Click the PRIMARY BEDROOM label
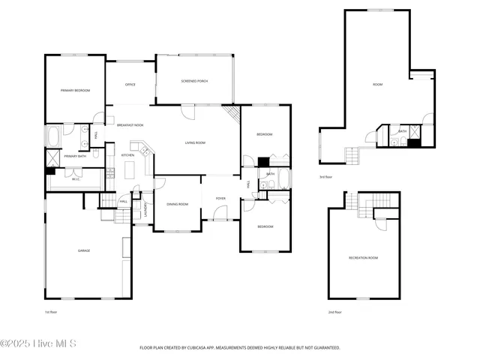pos(75,90)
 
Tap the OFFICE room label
pos(130,85)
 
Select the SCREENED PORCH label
pos(194,80)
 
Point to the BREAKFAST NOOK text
pos(130,125)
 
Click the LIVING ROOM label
pos(195,142)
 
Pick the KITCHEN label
pos(127,155)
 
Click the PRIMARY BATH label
pos(75,156)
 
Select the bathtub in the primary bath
pos(55,137)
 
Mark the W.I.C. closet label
pos(76,179)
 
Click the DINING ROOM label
pos(177,204)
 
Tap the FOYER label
pos(220,198)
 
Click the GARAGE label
pos(84,250)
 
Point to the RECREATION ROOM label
pos(363,257)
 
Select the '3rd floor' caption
pos(325,177)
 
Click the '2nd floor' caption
pos(334,311)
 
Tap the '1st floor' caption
pos(50,311)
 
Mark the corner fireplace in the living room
pos(233,114)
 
